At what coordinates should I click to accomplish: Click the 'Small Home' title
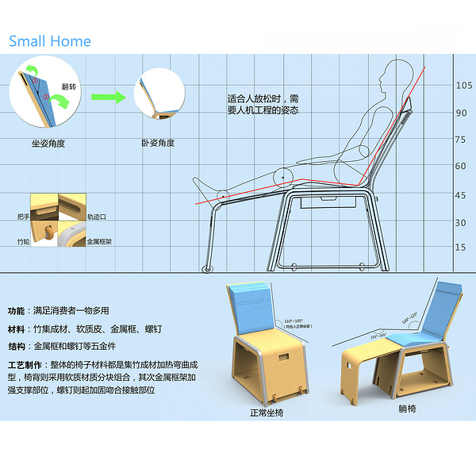pyautogui.click(x=50, y=41)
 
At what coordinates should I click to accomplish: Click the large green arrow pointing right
pyautogui.click(x=108, y=97)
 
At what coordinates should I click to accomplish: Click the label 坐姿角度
pyautogui.click(x=47, y=144)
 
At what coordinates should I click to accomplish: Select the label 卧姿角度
pyautogui.click(x=158, y=144)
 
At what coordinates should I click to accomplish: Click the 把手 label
pyautogui.click(x=21, y=216)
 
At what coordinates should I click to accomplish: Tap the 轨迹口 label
pyautogui.click(x=97, y=216)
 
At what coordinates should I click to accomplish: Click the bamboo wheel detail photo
pyautogui.click(x=44, y=234)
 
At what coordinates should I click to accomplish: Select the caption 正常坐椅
pyautogui.click(x=267, y=413)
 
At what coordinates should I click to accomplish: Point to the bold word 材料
pyautogui.click(x=17, y=328)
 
